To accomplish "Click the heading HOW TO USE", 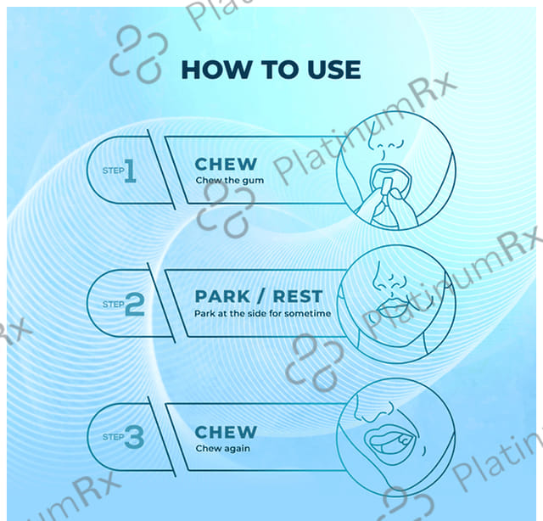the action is click(x=271, y=70).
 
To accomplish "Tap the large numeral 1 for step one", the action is click(x=131, y=171).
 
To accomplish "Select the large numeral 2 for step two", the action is click(x=134, y=304).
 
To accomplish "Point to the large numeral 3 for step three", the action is click(x=134, y=437).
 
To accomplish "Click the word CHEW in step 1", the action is click(x=226, y=165).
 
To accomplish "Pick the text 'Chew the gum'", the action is click(x=230, y=181).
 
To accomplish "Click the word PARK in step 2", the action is click(x=222, y=296).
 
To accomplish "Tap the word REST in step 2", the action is click(x=298, y=296).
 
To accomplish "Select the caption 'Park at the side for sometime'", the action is click(x=262, y=313).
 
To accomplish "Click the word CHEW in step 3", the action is click(x=226, y=432).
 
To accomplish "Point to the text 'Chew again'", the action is click(x=222, y=449).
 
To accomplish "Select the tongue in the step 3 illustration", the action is click(x=382, y=441).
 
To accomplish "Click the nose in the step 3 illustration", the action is click(x=375, y=411).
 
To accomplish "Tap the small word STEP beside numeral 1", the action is click(x=113, y=171).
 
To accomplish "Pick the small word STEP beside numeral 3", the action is click(x=113, y=437).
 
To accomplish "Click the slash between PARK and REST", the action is click(x=261, y=296).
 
